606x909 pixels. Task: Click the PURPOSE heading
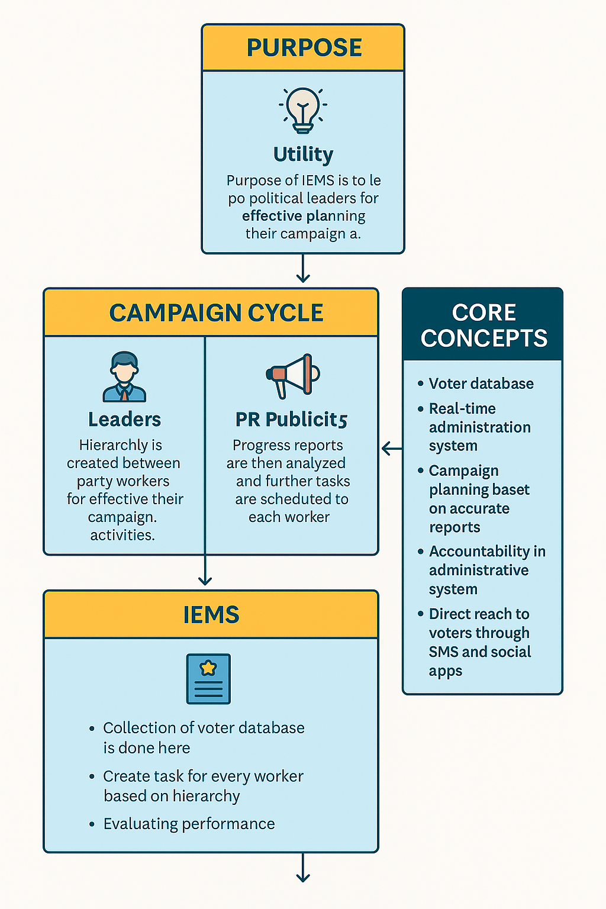point(304,47)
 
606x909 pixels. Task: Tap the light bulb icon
point(303,110)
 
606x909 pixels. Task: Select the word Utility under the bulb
point(303,154)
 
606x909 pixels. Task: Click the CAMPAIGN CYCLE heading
point(216,312)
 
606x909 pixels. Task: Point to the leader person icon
point(124,377)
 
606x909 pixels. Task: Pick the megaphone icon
point(292,375)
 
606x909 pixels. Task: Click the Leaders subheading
point(124,419)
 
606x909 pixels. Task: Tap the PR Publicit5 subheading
point(291,419)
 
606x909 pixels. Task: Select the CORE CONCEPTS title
point(483,325)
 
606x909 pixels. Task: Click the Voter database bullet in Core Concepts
point(481,383)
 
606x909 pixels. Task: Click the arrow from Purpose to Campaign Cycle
point(303,270)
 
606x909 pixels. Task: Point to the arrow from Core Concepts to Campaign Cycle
point(391,449)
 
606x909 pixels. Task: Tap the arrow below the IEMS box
point(303,869)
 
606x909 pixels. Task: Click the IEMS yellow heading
point(211,615)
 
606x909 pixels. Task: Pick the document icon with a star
point(208,679)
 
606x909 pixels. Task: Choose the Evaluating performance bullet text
point(189,824)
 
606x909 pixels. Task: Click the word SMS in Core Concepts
point(443,652)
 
